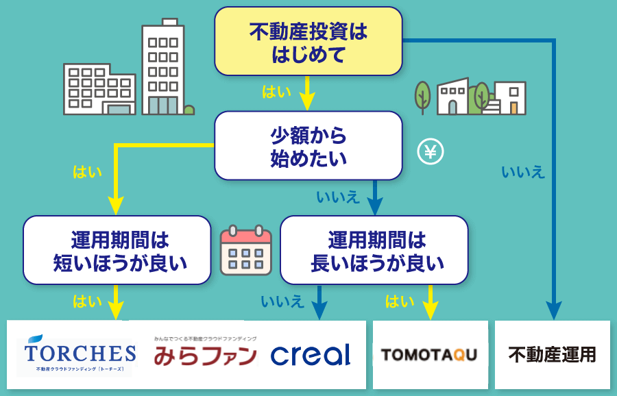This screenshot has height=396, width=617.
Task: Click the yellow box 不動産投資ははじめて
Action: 308,41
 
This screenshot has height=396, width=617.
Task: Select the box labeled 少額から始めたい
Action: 308,145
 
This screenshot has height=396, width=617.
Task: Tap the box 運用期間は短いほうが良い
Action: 117,250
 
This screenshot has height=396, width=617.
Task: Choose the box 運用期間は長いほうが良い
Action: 374,250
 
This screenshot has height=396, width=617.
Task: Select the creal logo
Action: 311,354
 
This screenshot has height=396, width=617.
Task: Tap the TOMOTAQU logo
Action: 429,354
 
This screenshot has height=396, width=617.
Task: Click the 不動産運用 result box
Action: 552,355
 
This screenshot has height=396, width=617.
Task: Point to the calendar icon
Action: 245,249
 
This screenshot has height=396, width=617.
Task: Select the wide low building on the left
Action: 99,89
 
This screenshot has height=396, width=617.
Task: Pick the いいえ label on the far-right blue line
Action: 523,172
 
